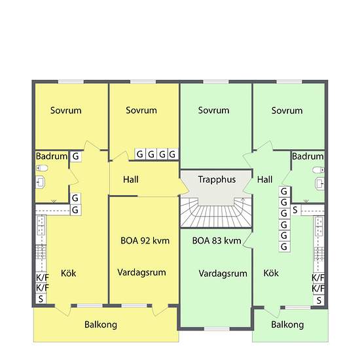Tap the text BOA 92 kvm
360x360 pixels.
tap(145, 240)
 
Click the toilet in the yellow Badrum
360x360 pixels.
tap(40, 182)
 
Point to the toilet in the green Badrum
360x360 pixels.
tap(319, 182)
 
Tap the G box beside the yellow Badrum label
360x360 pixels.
tap(76, 156)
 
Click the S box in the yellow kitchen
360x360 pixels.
tap(42, 299)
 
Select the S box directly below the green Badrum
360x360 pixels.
tap(295, 210)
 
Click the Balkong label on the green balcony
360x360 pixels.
tap(287, 325)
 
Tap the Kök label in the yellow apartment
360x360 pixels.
tap(68, 273)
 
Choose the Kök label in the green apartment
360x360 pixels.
tap(271, 273)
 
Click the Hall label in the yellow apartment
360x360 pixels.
tap(130, 179)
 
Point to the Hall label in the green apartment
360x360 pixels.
tap(265, 179)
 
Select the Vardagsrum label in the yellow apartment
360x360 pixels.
tap(141, 272)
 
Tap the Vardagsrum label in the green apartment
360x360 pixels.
tap(223, 273)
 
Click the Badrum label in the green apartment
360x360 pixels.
tap(308, 156)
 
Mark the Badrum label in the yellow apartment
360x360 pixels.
tap(51, 156)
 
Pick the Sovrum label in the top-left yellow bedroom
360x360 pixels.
tap(66, 111)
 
